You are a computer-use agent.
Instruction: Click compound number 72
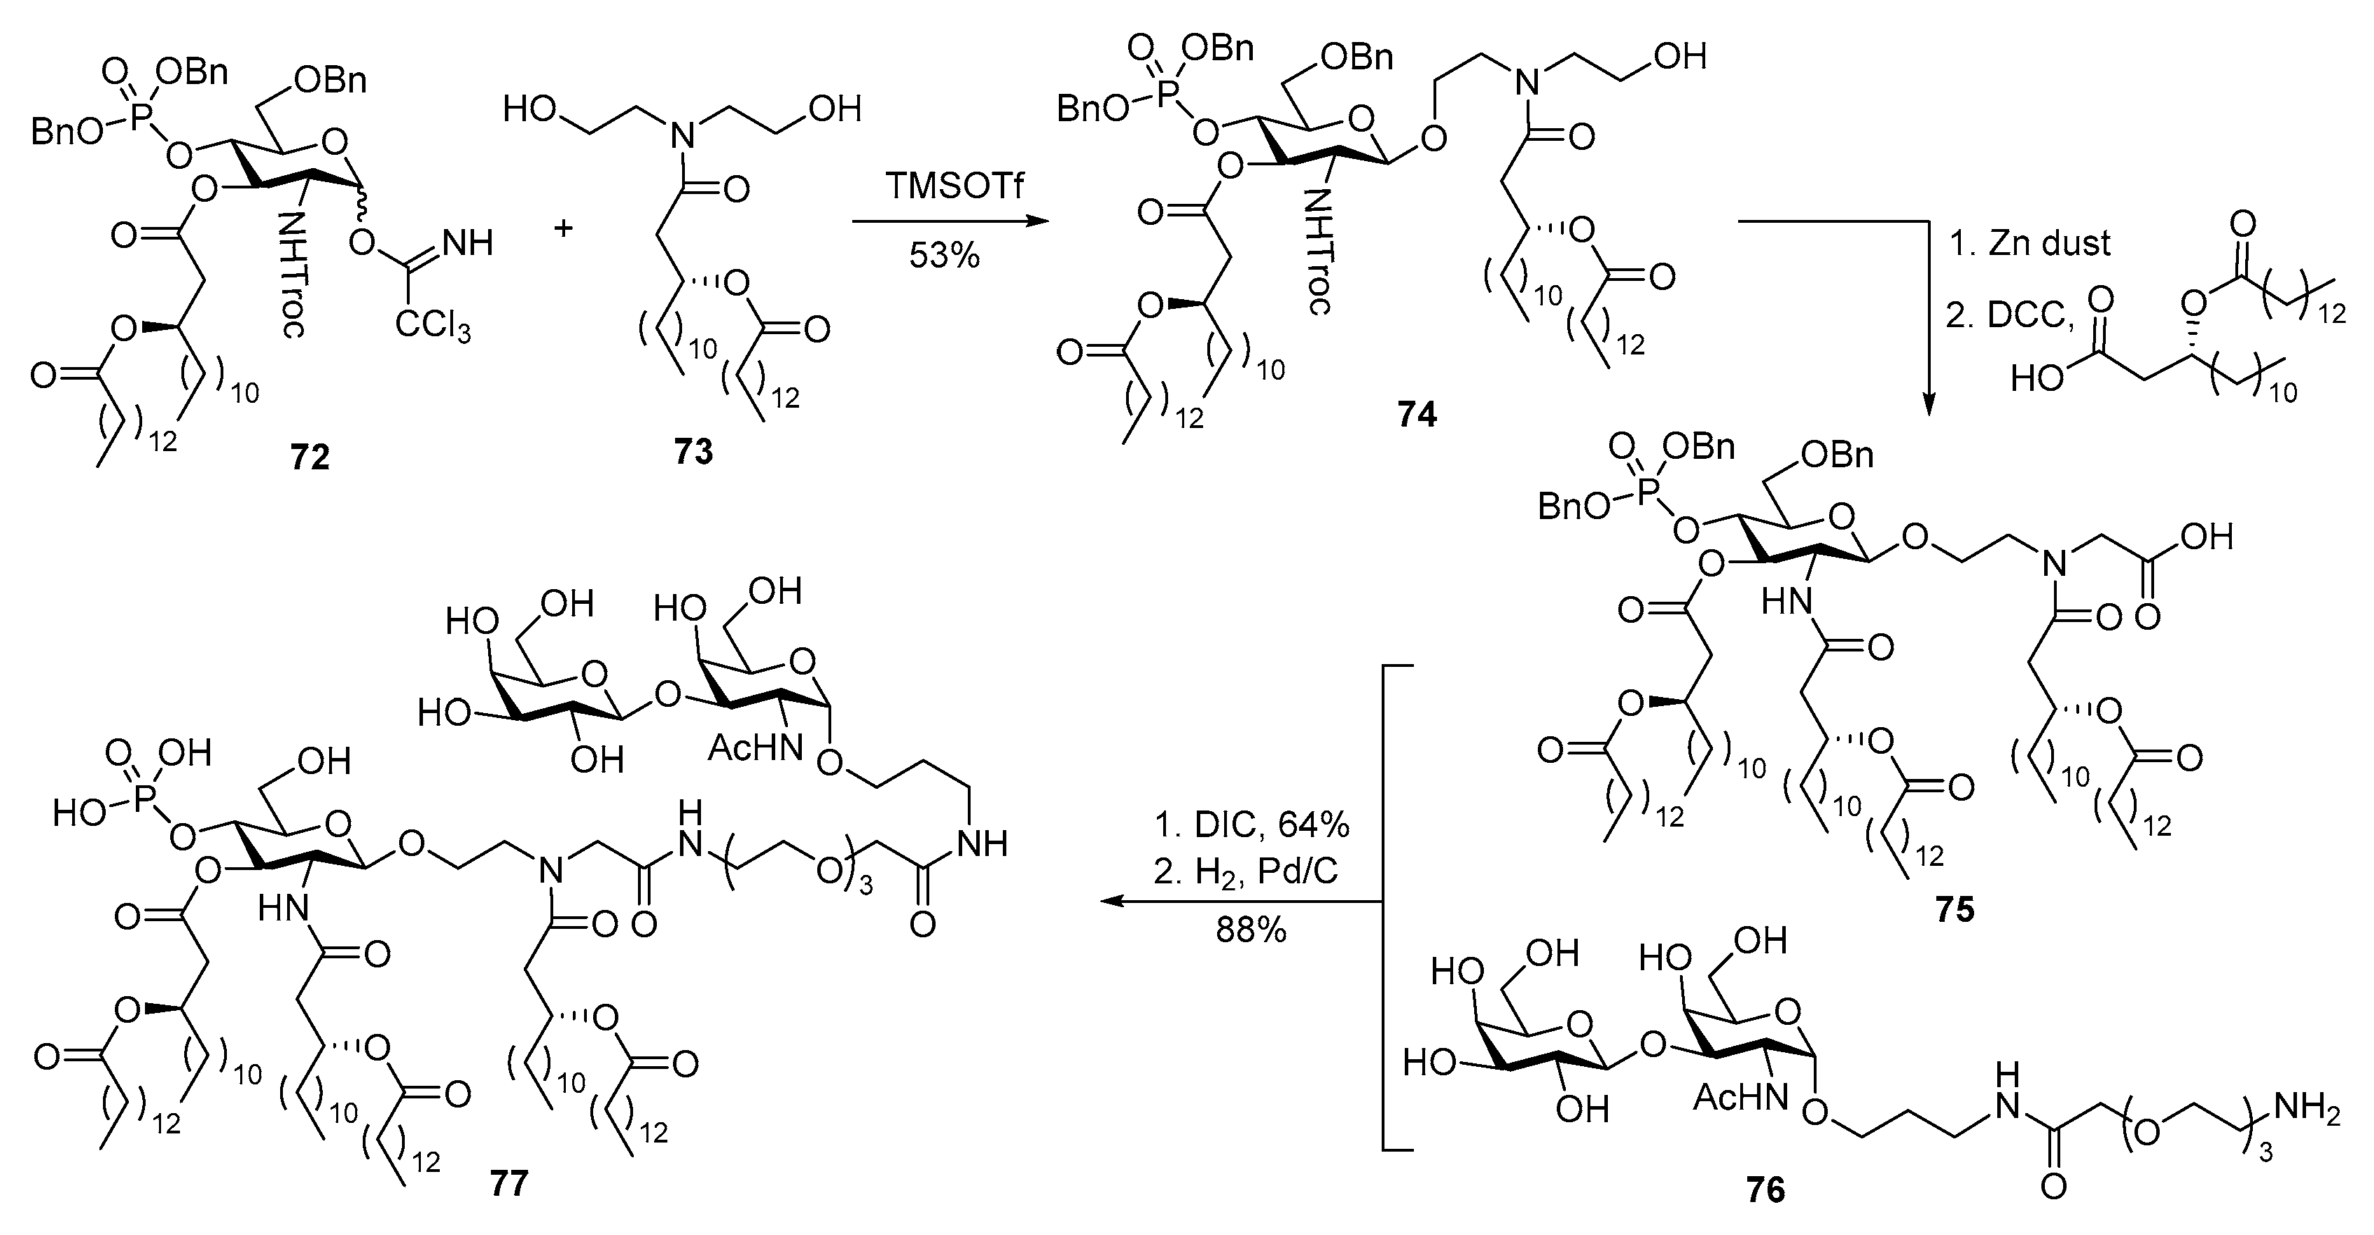(310, 456)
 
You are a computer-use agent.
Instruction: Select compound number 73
(693, 452)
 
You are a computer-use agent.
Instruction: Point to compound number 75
(1955, 910)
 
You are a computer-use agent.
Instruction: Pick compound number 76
(1765, 1190)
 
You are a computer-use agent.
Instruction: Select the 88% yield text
(1251, 931)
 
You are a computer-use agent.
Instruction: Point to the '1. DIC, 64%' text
(1251, 826)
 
